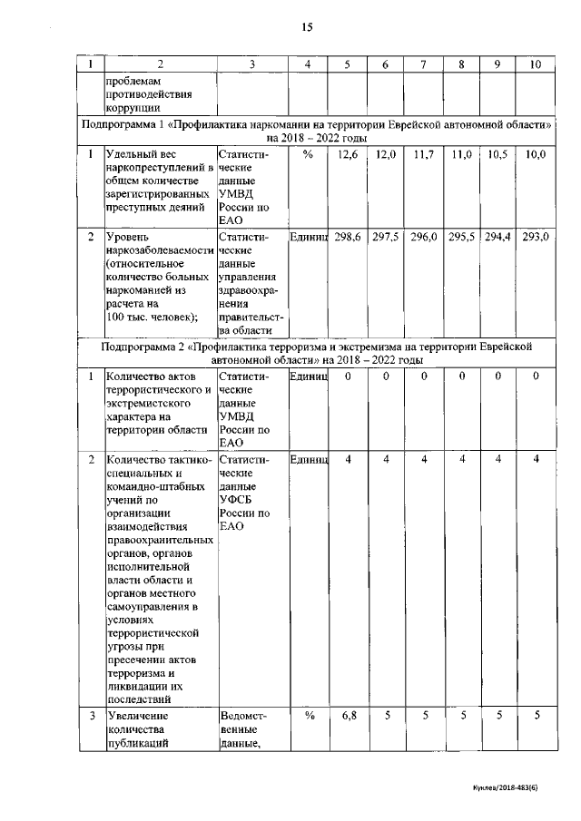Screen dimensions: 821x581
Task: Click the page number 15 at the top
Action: [307, 27]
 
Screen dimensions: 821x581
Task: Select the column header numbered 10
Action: [535, 64]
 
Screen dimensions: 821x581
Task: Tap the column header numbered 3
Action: [251, 64]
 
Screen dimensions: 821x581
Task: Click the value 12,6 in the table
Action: [348, 156]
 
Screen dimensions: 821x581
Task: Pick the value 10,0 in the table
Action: [536, 156]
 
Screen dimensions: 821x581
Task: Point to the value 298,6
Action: [348, 237]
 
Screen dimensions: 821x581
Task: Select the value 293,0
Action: [536, 237]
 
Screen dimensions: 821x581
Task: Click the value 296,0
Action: [424, 237]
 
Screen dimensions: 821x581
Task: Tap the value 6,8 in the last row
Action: [348, 716]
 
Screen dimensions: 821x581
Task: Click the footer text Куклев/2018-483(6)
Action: [517, 789]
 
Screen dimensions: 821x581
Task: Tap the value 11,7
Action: [424, 156]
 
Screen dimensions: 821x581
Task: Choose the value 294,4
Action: [498, 237]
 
